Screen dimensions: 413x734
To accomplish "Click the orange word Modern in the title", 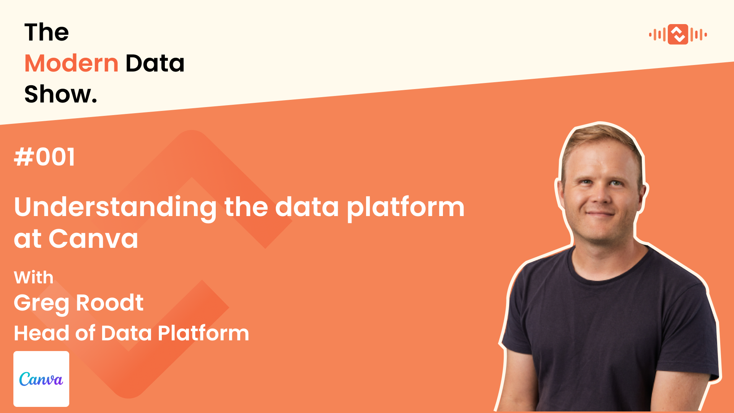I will pos(72,63).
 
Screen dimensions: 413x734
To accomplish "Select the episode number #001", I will pos(45,157).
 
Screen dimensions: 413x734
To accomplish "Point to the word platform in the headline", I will pos(405,207).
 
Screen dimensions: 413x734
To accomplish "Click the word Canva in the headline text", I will pos(93,239).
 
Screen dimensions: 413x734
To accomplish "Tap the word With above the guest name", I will pos(34,277).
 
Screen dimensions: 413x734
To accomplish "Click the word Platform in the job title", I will pos(203,333).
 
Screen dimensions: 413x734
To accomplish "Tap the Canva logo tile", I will pos(41,379).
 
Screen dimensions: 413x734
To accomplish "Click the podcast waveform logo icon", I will pos(678,34).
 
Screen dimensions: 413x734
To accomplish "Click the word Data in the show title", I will pos(155,63).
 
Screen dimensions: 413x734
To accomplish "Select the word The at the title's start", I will pos(47,32).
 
